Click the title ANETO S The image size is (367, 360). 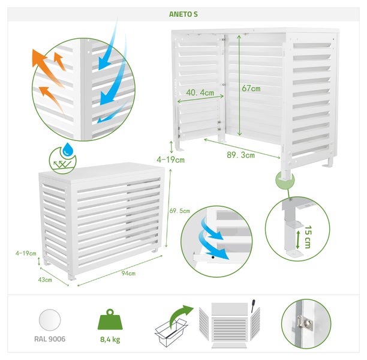[183, 14]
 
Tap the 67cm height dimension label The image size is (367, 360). [251, 89]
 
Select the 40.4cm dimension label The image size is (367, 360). [200, 93]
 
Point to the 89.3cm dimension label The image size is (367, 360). [240, 155]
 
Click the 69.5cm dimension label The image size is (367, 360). [180, 211]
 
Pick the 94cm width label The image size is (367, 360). [128, 273]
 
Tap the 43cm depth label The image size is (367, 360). [45, 280]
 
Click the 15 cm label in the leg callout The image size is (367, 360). [308, 237]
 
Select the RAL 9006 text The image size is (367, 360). [50, 339]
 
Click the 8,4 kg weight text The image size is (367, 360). [110, 340]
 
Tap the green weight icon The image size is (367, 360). [110, 319]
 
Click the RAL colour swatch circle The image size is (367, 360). [50, 320]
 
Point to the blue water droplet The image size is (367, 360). [68, 149]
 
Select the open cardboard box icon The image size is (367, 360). [171, 332]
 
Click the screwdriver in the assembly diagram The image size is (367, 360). [253, 305]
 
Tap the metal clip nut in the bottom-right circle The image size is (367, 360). [305, 323]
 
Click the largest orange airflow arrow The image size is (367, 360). [47, 67]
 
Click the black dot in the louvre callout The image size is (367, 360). [213, 257]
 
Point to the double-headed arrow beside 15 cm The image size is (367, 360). [297, 239]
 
